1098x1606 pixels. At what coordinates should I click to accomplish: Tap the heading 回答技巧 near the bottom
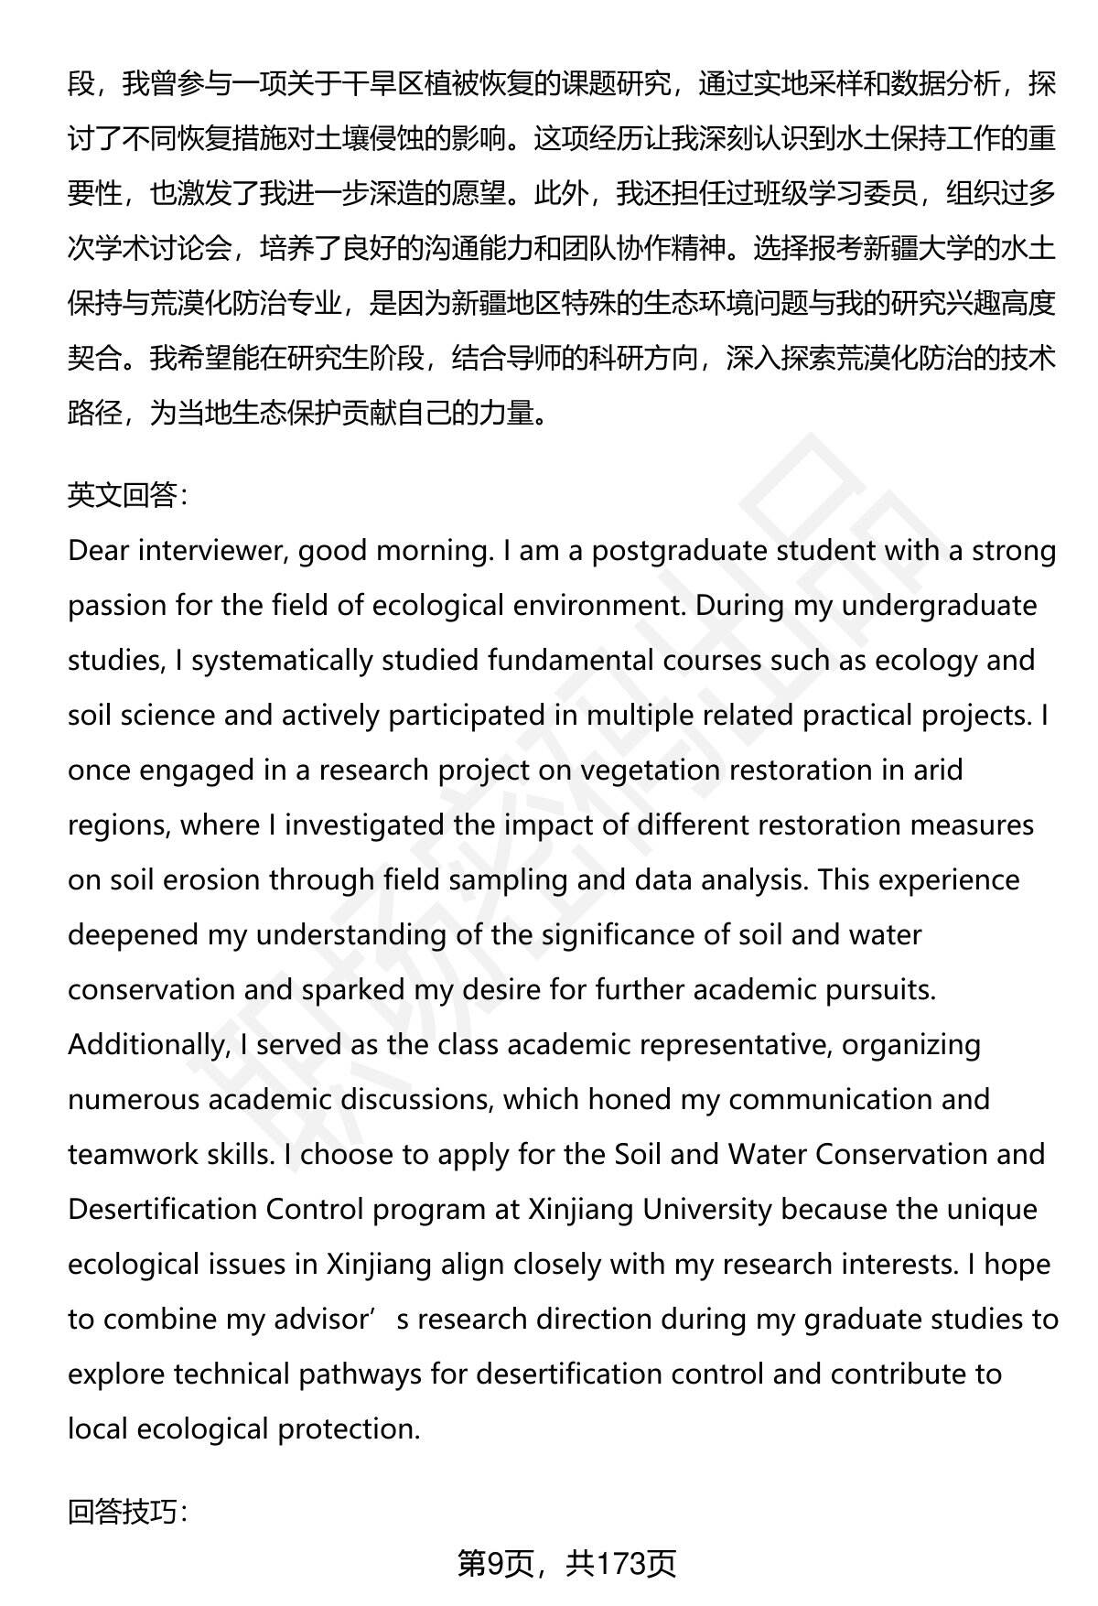(x=128, y=1512)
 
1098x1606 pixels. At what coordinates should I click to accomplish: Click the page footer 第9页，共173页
(x=566, y=1563)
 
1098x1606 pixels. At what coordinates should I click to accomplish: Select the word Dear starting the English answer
(x=97, y=551)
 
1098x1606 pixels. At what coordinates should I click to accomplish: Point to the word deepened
(x=133, y=935)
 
